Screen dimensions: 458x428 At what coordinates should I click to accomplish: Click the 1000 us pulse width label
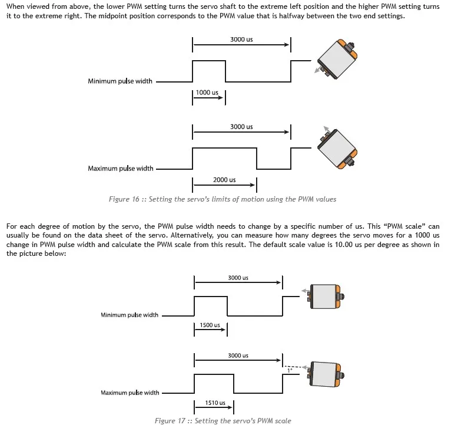pyautogui.click(x=207, y=93)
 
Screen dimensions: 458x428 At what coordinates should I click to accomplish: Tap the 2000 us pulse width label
pyautogui.click(x=224, y=180)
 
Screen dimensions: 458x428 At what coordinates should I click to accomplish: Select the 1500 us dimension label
pyautogui.click(x=210, y=325)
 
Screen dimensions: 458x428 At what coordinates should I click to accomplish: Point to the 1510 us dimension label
pyautogui.click(x=215, y=403)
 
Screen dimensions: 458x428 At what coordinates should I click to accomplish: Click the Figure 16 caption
pyautogui.click(x=223, y=199)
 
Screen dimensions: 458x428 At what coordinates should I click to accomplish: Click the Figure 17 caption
pyautogui.click(x=223, y=421)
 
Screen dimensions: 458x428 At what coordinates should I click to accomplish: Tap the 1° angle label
pyautogui.click(x=290, y=371)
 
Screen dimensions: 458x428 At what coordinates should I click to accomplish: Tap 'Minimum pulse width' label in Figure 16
pyautogui.click(x=120, y=81)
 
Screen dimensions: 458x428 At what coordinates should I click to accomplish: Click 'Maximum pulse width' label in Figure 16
pyautogui.click(x=121, y=169)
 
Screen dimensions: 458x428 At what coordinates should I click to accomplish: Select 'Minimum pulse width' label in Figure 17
pyautogui.click(x=130, y=315)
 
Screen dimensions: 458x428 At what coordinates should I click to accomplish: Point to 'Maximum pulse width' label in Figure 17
pyautogui.click(x=130, y=393)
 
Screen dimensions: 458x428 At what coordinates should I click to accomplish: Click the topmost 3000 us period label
pyautogui.click(x=241, y=39)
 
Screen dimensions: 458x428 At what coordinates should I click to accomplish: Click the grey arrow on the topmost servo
pyautogui.click(x=318, y=70)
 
